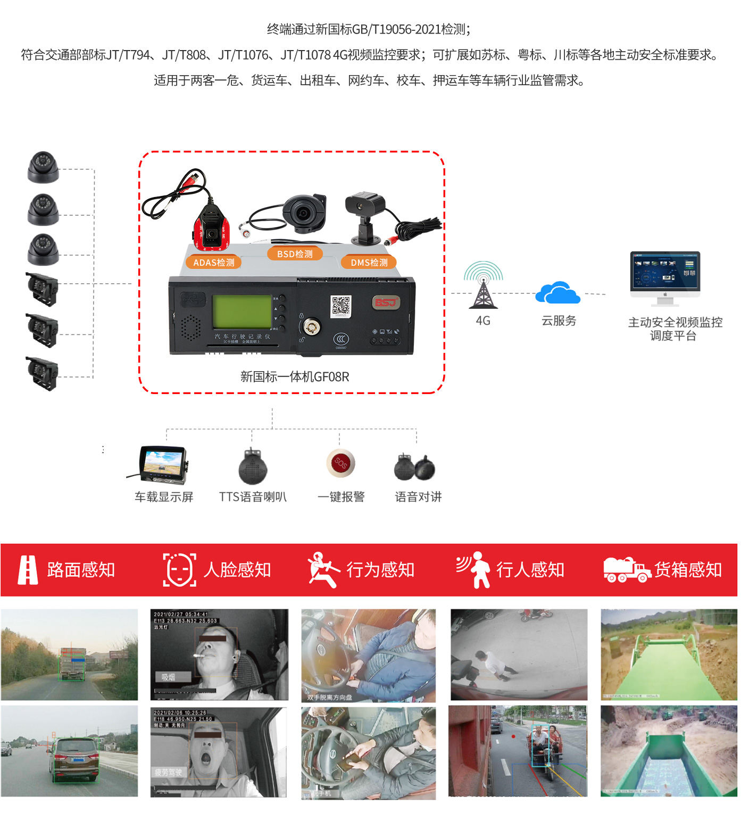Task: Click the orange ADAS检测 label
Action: [213, 263]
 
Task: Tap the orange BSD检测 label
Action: [295, 254]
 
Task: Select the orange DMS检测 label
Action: [369, 263]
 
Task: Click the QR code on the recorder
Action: [341, 306]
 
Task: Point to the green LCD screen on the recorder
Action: [242, 312]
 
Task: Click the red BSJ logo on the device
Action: [386, 302]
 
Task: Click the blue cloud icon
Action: [557, 293]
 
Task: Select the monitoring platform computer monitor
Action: [665, 274]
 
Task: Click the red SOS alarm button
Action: [340, 463]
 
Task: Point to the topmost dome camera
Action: [43, 167]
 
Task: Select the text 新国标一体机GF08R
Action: [295, 377]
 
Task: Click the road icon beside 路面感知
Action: [28, 570]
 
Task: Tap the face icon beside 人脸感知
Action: [179, 570]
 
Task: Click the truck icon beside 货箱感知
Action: [627, 570]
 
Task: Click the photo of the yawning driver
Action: [219, 751]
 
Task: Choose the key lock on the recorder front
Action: [311, 325]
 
